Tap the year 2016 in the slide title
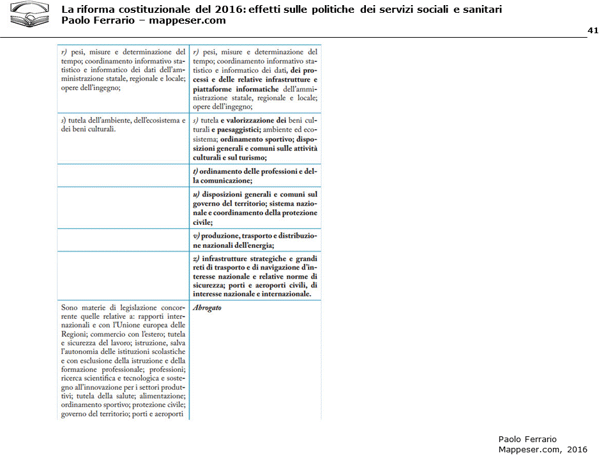point(225,10)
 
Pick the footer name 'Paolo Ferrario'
point(527,439)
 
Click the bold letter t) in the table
point(195,172)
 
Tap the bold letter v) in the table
point(196,236)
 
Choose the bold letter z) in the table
point(196,258)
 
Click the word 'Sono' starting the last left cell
point(70,307)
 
